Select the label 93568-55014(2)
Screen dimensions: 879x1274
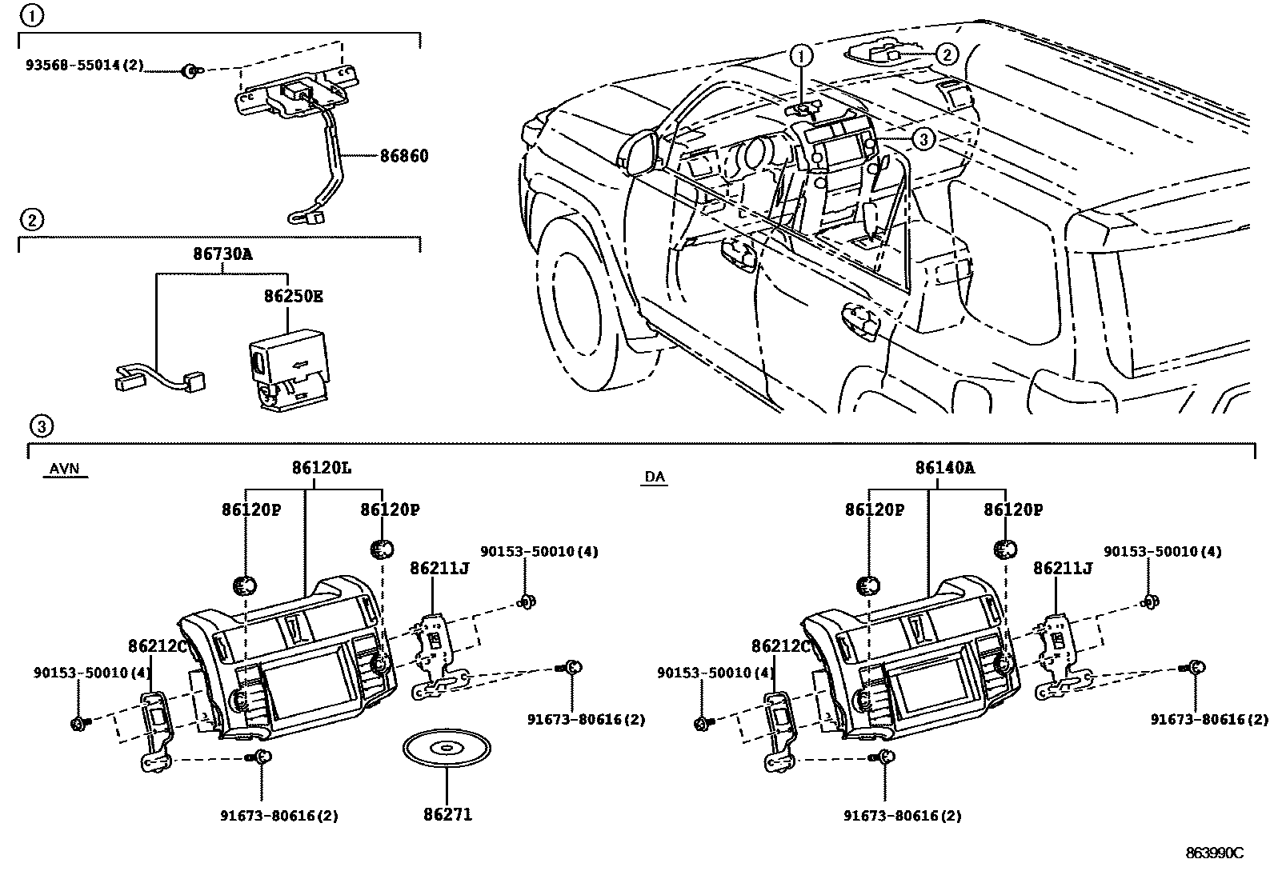click(82, 66)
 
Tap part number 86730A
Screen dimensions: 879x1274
click(222, 254)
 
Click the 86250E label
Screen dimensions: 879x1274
click(294, 296)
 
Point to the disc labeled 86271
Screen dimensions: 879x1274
click(446, 749)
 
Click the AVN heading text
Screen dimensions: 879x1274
click(65, 469)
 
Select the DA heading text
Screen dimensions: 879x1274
click(655, 477)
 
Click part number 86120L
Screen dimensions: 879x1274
click(321, 467)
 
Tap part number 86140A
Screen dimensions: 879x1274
click(945, 467)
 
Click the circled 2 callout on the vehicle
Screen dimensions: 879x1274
click(946, 54)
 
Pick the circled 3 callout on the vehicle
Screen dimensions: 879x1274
click(923, 139)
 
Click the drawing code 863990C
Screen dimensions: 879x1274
click(1215, 853)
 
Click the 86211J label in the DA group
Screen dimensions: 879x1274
click(1063, 568)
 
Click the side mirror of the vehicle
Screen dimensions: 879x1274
click(638, 152)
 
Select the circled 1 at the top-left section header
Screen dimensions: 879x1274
click(31, 14)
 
